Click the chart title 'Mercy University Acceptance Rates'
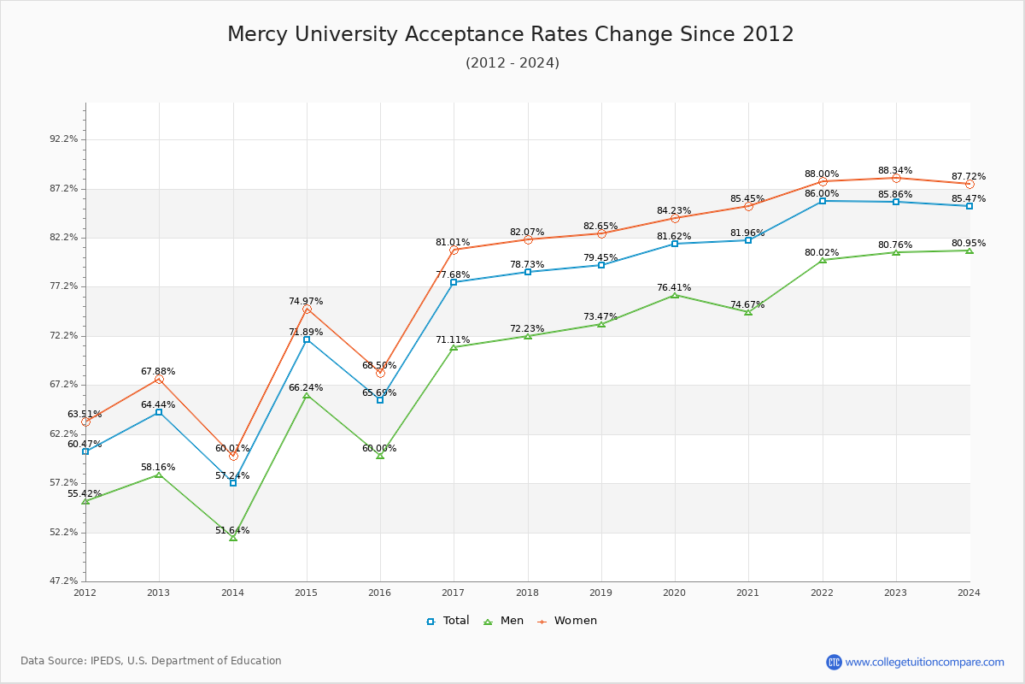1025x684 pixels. pos(510,34)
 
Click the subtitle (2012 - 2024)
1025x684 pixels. pos(512,63)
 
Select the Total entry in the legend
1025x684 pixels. pos(448,621)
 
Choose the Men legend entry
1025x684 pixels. pos(504,621)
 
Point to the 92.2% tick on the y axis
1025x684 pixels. pos(64,139)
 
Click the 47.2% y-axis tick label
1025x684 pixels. pos(64,581)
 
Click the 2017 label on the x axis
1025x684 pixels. pos(454,592)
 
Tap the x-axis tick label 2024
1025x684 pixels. pos(969,592)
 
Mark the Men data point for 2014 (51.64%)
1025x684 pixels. pos(233,538)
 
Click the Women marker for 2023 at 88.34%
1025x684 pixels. pos(896,178)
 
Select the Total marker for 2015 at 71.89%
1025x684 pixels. pos(307,339)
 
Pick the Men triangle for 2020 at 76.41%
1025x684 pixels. pos(675,295)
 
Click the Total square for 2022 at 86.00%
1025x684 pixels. pos(823,201)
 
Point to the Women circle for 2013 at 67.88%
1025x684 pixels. pos(159,379)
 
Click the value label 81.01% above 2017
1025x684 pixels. pos(453,243)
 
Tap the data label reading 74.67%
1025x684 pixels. pos(747,305)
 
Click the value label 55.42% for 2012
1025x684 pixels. pos(85,494)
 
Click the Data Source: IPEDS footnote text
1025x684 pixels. pos(151,661)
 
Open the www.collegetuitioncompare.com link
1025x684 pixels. pos(924,662)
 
